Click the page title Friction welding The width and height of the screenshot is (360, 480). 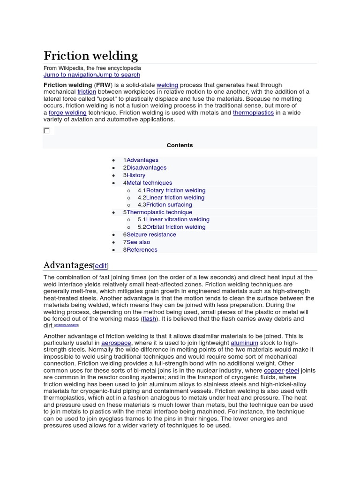[90, 56]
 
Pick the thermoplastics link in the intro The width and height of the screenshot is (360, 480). [253, 112]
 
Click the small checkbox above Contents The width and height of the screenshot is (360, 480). [46, 130]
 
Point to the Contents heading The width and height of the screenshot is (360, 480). [180, 145]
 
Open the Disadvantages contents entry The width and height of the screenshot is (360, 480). [146, 167]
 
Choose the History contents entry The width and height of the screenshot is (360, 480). [136, 175]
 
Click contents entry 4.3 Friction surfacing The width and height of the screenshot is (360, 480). [169, 204]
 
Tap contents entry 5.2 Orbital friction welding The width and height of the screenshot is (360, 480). [175, 227]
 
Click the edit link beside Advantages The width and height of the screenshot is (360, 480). [101, 266]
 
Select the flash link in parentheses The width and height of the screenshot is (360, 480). [149, 319]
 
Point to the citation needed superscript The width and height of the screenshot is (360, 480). [67, 325]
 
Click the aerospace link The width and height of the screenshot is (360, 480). [116, 343]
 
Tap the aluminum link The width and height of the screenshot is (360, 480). [244, 343]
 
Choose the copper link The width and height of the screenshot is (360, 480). [274, 370]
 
